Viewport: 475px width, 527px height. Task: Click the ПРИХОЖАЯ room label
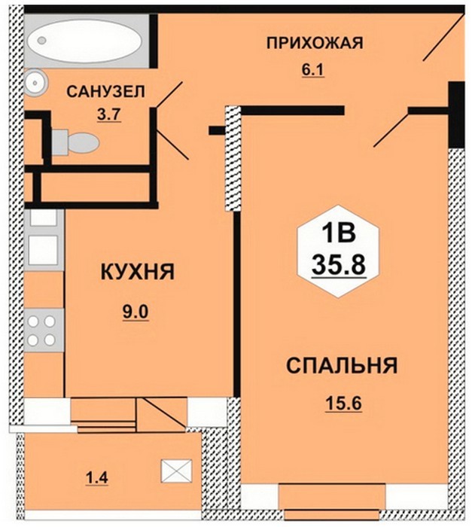point(315,44)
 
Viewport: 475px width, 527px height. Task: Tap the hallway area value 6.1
point(312,70)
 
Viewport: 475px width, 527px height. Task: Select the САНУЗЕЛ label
point(106,92)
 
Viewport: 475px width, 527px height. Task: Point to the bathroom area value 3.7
point(108,115)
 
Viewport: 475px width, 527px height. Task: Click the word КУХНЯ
point(138,272)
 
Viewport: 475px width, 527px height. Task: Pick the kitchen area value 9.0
point(136,313)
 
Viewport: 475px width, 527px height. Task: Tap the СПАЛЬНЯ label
point(342,365)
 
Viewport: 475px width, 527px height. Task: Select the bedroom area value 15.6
point(343,404)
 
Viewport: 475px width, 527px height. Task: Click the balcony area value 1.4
point(96,477)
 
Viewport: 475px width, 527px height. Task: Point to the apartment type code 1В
point(339,233)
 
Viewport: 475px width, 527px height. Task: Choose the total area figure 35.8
point(339,264)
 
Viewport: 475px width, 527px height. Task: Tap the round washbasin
point(35,81)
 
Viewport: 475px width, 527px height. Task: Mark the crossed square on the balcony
point(176,471)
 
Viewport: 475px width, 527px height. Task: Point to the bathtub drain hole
point(41,41)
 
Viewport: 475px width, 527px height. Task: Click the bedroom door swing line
point(391,130)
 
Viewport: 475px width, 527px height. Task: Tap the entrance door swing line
point(443,38)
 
